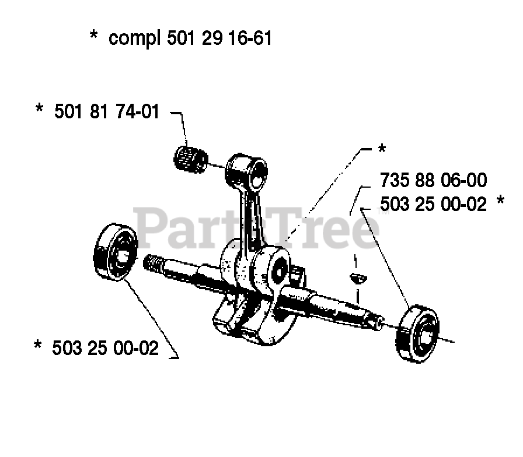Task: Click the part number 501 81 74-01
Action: click(x=106, y=111)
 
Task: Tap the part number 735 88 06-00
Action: click(x=433, y=180)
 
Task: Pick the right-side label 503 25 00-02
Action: click(x=433, y=204)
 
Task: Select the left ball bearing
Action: click(x=116, y=251)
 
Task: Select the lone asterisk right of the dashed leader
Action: click(x=382, y=150)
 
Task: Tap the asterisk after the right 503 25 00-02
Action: click(x=500, y=202)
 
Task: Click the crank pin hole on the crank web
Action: click(x=279, y=270)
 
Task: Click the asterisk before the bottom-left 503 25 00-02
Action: click(x=39, y=348)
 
